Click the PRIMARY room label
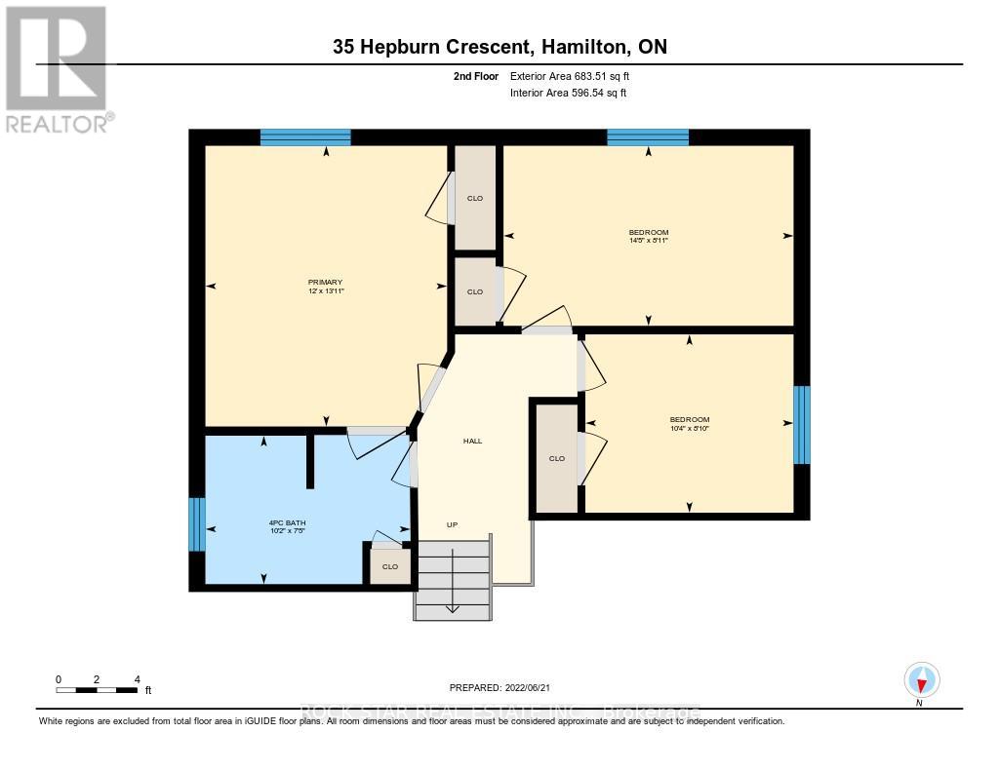tap(326, 282)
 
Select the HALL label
tap(472, 441)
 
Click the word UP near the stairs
tap(452, 525)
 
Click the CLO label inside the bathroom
tap(390, 566)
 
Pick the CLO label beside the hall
tap(557, 458)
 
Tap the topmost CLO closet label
tap(475, 199)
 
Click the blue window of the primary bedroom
tap(305, 137)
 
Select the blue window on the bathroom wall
tap(197, 524)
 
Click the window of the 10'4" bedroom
tap(802, 425)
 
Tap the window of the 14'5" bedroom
tap(648, 137)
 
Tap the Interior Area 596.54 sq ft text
tap(568, 94)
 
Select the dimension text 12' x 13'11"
tap(326, 291)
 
